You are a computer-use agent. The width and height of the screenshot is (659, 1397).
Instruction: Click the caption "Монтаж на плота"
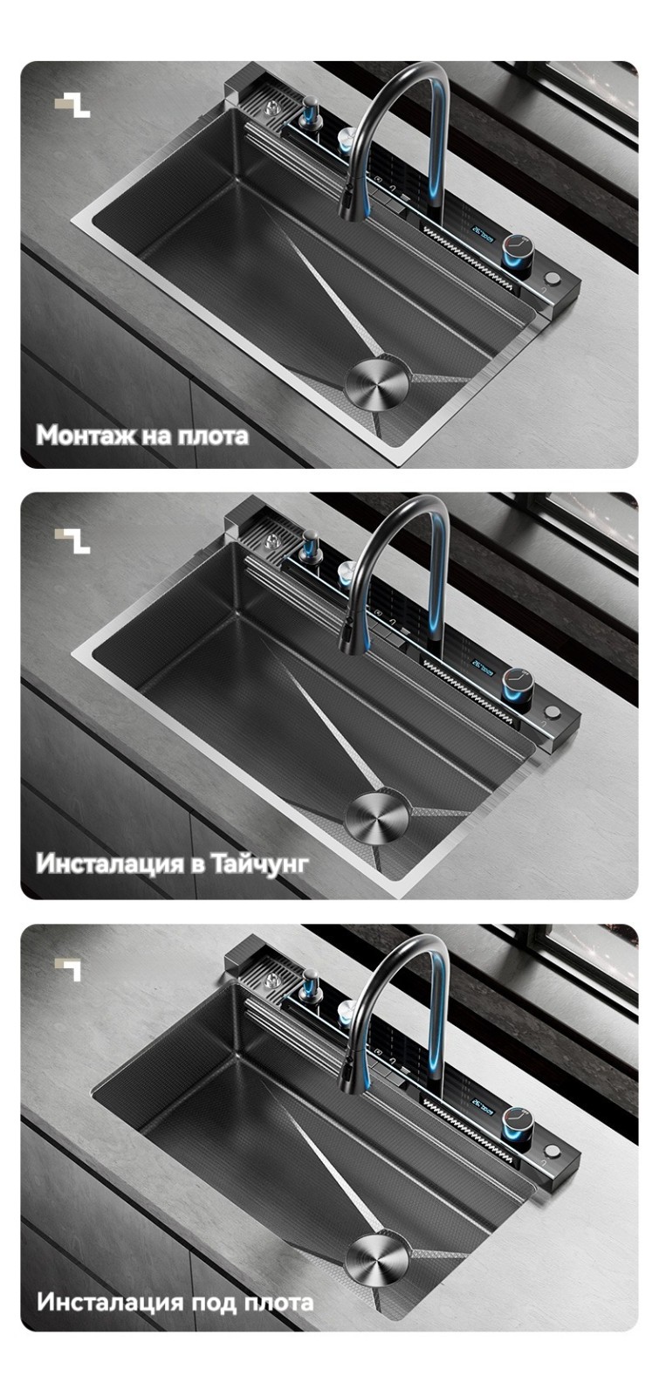tap(142, 436)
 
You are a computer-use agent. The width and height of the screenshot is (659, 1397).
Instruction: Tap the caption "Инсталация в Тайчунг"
tap(172, 864)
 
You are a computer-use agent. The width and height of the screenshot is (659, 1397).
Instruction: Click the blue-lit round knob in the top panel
tap(518, 254)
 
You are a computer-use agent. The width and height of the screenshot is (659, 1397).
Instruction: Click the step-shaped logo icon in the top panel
tap(72, 106)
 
